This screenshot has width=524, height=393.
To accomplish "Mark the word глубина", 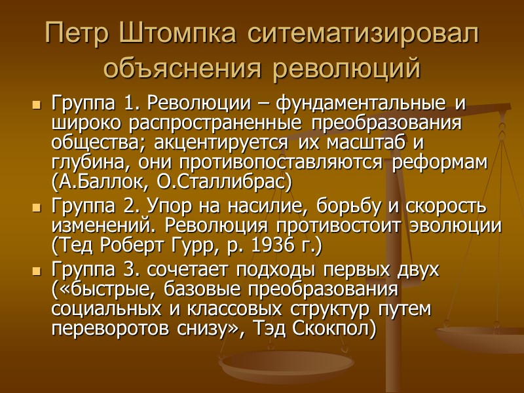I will click(83, 161).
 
